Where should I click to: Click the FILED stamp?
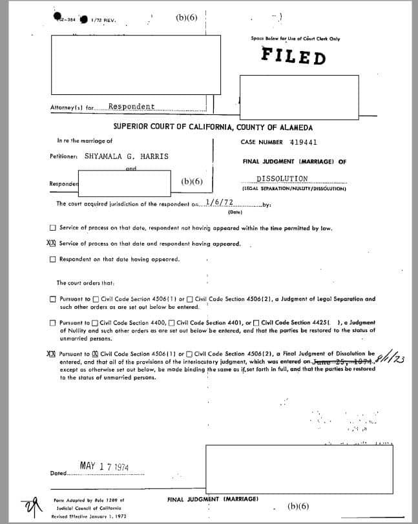(x=293, y=56)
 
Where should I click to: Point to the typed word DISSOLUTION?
(x=282, y=178)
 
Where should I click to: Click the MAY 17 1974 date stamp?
(x=105, y=466)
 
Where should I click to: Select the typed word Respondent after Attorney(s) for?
(x=131, y=107)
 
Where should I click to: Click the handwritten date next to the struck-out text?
(x=391, y=356)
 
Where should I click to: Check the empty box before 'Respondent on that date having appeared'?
(x=52, y=260)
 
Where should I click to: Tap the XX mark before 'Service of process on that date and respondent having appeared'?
(x=52, y=244)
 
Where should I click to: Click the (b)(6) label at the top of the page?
(x=186, y=17)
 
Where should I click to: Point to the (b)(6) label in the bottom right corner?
(x=298, y=507)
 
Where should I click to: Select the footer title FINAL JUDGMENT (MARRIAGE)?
(x=213, y=499)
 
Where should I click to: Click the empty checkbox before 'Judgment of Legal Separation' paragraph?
(x=52, y=300)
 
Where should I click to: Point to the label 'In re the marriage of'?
(x=85, y=141)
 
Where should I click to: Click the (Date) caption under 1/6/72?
(x=235, y=211)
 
